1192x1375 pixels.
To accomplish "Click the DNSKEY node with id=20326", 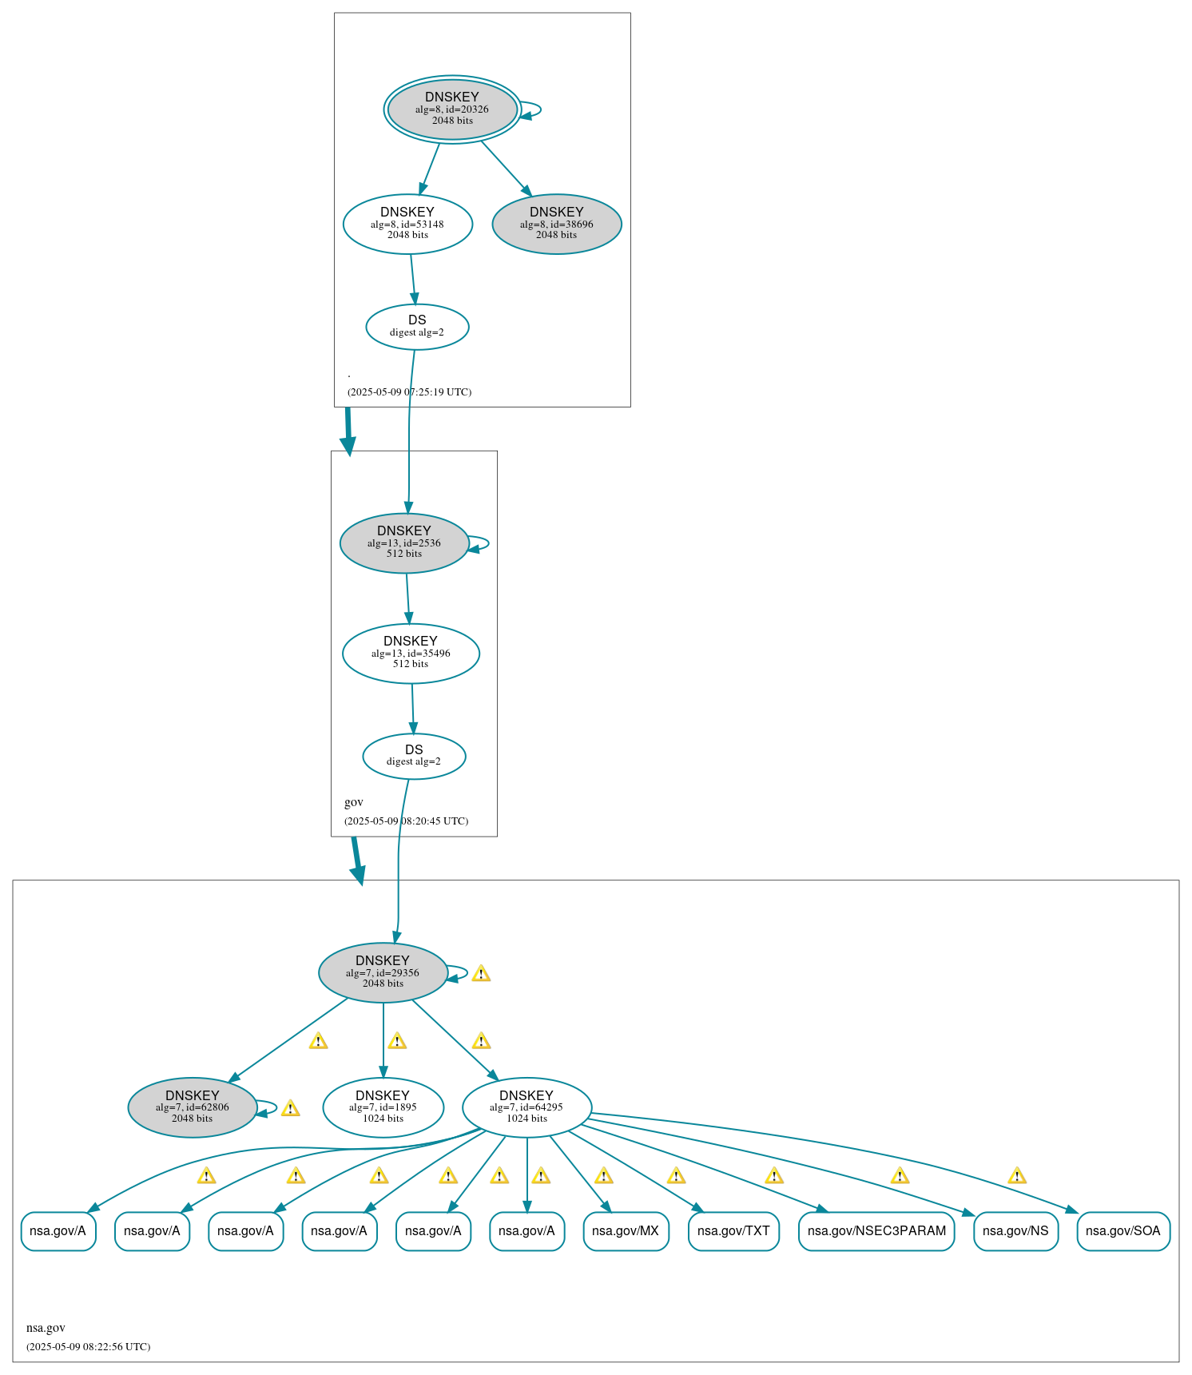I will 452,109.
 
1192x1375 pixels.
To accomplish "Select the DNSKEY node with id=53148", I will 407,224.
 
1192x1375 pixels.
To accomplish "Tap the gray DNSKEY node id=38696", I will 557,224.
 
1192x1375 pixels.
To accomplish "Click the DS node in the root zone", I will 417,326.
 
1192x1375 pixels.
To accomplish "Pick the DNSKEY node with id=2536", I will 404,542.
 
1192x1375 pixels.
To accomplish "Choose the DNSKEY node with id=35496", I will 411,653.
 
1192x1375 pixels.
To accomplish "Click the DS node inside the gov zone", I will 414,756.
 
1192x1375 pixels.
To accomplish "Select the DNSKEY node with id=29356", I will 383,972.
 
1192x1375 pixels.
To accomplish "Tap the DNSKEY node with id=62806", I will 193,1107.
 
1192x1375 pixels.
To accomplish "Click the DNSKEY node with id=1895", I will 383,1107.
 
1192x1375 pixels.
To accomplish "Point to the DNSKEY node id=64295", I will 526,1107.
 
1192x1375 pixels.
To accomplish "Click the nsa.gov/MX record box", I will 626,1231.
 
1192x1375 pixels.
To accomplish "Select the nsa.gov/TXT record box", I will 733,1231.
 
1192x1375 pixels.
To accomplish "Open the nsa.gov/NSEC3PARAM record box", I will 876,1231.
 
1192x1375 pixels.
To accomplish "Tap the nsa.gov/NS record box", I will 1015,1231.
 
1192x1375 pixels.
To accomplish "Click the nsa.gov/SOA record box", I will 1122,1231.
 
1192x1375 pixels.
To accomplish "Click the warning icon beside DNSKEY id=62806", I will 291,1108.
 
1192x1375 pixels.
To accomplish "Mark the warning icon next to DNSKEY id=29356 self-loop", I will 481,973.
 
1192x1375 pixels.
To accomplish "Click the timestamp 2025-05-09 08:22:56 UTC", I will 88,1346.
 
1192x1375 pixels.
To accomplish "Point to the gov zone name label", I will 354,802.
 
